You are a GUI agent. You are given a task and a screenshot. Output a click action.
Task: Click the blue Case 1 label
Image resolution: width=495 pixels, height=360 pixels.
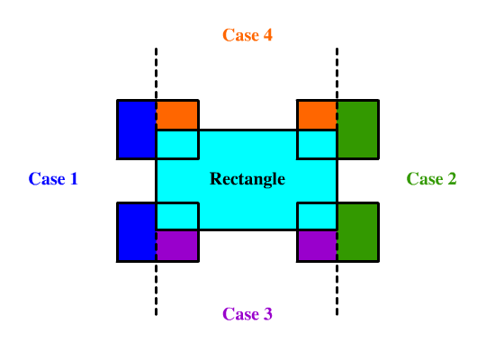click(x=53, y=179)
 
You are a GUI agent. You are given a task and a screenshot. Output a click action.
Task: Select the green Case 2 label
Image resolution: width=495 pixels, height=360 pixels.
click(x=431, y=179)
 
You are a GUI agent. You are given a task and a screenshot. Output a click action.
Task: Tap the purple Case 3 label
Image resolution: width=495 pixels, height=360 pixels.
click(x=247, y=314)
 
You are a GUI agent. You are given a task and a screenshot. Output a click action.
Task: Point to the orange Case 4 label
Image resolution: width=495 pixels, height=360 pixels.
click(x=247, y=35)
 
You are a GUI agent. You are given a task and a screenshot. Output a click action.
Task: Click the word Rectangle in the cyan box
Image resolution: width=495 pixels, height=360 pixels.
click(x=247, y=179)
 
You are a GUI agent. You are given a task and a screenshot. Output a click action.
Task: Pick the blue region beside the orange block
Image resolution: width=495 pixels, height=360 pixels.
click(x=137, y=130)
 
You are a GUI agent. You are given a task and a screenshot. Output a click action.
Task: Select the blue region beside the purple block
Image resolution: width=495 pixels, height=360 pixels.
click(x=137, y=232)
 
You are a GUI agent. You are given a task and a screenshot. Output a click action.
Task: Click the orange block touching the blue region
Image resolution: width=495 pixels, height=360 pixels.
click(x=177, y=115)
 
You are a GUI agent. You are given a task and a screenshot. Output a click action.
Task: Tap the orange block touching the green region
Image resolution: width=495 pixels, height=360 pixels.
click(x=317, y=115)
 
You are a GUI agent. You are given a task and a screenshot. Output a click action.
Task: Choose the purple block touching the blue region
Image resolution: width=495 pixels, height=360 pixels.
click(x=177, y=246)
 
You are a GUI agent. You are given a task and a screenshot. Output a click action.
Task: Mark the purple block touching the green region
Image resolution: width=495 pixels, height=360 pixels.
click(x=317, y=246)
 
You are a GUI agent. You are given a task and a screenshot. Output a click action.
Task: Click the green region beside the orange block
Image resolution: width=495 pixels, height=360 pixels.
click(x=358, y=130)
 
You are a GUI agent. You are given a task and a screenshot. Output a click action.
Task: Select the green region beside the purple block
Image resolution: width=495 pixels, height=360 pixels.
click(x=358, y=232)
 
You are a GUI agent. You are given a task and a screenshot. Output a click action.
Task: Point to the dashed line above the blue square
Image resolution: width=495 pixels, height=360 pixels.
click(x=156, y=74)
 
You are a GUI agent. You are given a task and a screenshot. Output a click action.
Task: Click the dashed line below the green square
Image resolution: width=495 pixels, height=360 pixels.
click(x=337, y=289)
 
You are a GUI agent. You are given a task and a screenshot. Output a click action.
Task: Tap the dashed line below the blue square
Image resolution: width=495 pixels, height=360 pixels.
click(x=156, y=289)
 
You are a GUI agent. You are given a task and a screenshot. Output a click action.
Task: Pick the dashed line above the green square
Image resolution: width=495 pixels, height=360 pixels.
click(x=337, y=74)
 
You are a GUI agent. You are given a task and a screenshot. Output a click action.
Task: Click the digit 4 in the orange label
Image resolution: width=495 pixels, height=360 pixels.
click(x=268, y=35)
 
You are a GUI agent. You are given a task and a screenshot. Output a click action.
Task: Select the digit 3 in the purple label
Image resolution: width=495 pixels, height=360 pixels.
click(x=268, y=314)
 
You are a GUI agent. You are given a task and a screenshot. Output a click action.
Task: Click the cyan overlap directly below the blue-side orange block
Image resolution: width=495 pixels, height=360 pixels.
click(x=177, y=144)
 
